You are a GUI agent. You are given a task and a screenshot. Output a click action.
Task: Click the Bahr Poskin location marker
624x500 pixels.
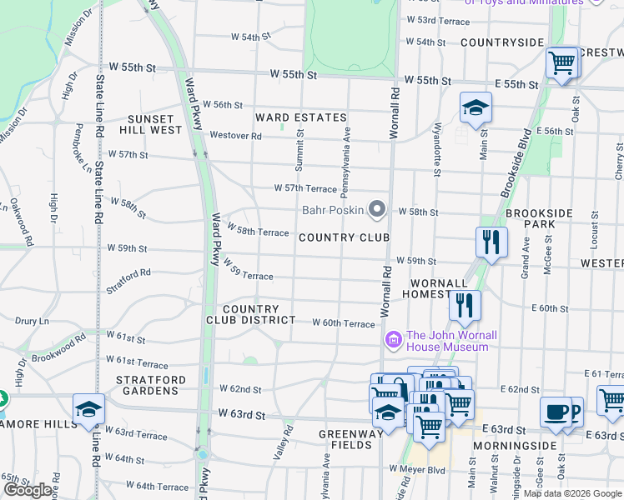click(377, 209)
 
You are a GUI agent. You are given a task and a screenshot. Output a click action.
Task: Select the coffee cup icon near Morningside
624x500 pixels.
click(556, 412)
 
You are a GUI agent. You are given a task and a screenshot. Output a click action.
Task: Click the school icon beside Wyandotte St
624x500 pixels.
click(476, 108)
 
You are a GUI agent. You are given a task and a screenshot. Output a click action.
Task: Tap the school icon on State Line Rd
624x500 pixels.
click(88, 410)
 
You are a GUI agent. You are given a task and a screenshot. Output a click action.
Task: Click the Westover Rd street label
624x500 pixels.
click(235, 135)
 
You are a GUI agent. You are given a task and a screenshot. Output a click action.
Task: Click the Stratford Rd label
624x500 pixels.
click(128, 280)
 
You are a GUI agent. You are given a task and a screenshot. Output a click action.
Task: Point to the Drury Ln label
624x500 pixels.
click(33, 320)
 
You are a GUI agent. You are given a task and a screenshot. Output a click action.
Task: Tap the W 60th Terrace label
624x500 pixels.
click(343, 323)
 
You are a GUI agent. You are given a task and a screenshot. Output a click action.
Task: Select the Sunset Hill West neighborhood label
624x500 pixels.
click(154, 125)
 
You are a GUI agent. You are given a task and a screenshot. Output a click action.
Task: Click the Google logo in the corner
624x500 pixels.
click(28, 489)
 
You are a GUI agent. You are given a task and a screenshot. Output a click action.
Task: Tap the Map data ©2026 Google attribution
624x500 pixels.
click(572, 493)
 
